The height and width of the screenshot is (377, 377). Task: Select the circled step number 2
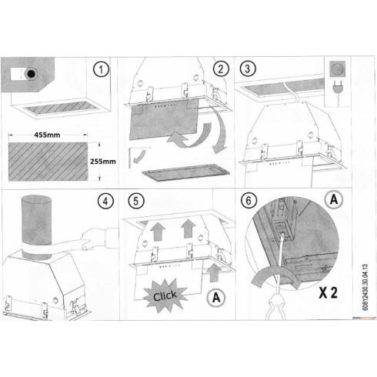tap(222, 68)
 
